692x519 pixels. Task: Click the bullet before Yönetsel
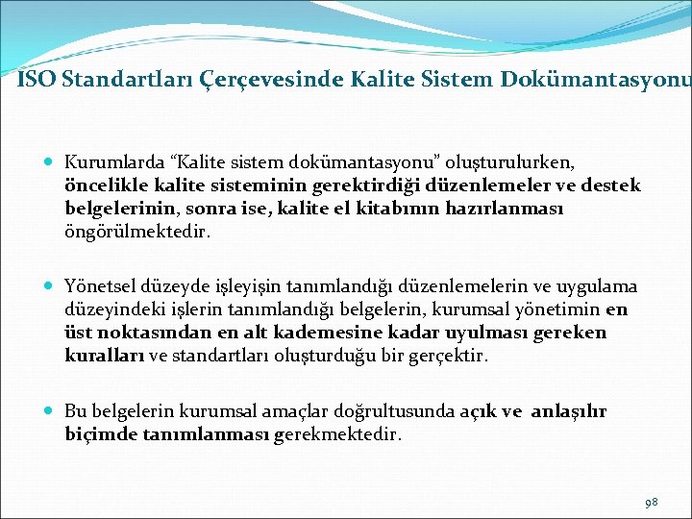50,286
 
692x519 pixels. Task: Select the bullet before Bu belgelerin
50,411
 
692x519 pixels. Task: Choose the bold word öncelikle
104,185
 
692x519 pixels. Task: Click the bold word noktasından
146,333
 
